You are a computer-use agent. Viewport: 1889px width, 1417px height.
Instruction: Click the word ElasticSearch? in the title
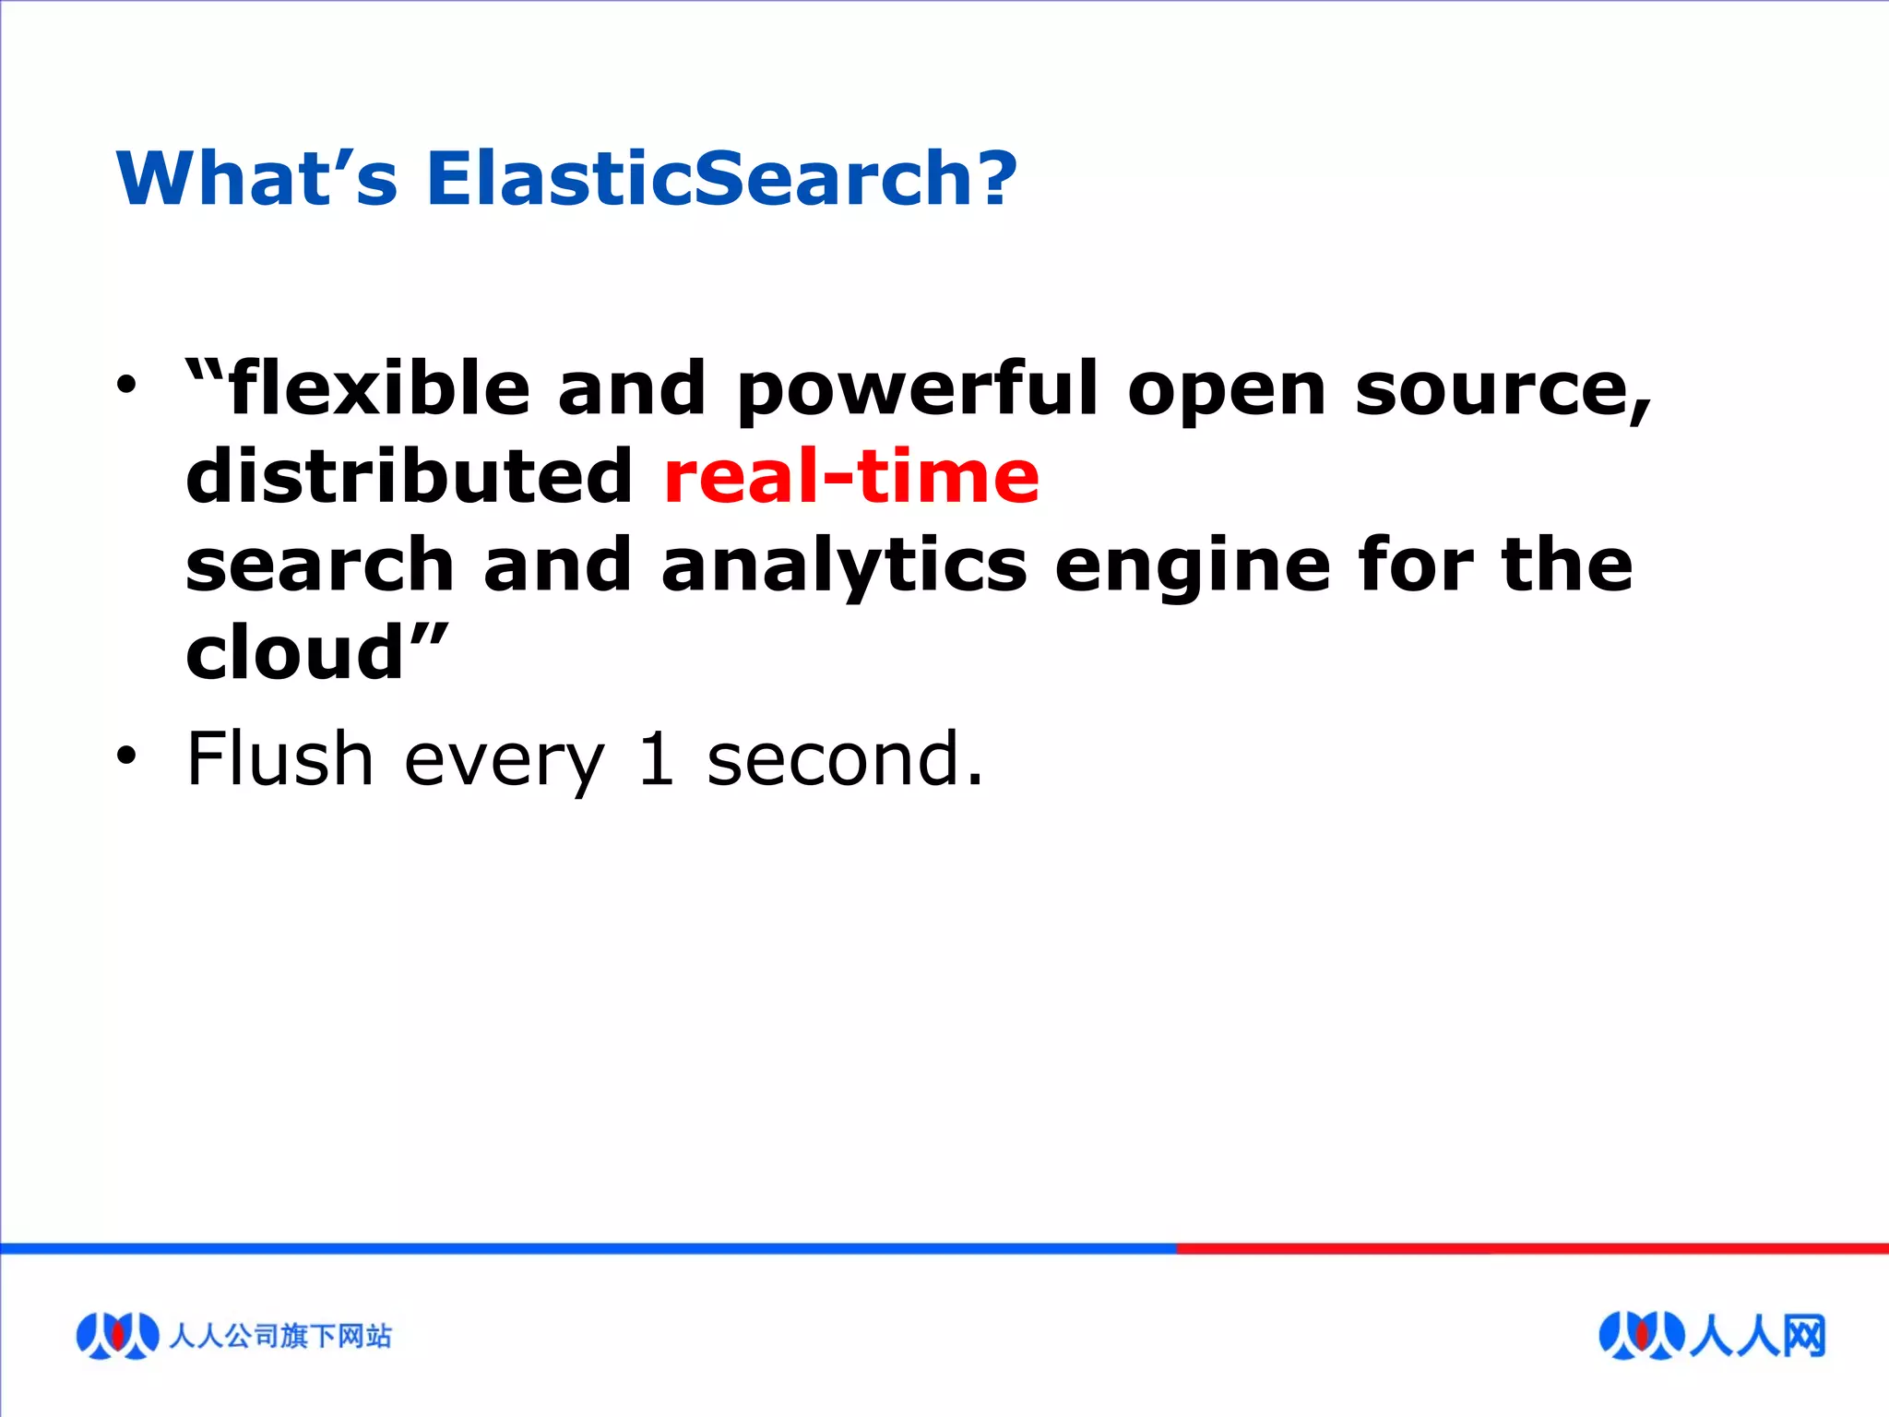(721, 178)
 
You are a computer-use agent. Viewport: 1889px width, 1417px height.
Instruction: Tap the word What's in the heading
(256, 178)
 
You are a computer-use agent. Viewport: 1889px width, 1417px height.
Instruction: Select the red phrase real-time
(851, 476)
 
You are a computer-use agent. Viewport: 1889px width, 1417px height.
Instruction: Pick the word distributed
(409, 476)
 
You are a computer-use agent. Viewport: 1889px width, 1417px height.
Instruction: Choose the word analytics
(844, 566)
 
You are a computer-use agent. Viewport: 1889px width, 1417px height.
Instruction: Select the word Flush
(279, 758)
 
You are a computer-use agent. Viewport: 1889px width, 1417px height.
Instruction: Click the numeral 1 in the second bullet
(656, 759)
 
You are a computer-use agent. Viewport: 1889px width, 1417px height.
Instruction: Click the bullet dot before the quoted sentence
(126, 386)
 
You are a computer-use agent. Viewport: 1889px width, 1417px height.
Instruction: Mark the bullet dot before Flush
(126, 756)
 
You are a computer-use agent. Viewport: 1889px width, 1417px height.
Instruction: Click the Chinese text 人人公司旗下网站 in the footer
(280, 1336)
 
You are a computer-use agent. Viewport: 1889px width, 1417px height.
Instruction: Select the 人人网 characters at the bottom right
(1757, 1335)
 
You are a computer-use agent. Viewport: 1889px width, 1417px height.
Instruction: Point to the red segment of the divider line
(1531, 1248)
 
